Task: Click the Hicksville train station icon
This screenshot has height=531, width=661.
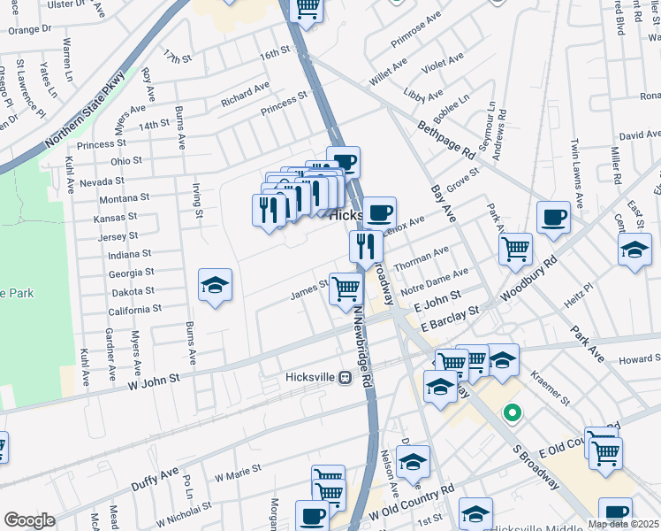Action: point(346,377)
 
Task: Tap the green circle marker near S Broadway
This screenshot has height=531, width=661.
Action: point(511,413)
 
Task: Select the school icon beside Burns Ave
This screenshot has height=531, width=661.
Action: point(215,285)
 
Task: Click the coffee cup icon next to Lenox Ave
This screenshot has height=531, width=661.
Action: point(380,213)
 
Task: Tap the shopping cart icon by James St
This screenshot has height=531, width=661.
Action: point(346,288)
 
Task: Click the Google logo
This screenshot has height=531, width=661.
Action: point(29,520)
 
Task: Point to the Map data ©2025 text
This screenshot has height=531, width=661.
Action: point(624,524)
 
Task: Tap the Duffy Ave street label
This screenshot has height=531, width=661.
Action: point(155,479)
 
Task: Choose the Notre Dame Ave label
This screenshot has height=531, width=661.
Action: point(433,282)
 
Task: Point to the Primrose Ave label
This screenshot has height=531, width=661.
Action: point(417,29)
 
